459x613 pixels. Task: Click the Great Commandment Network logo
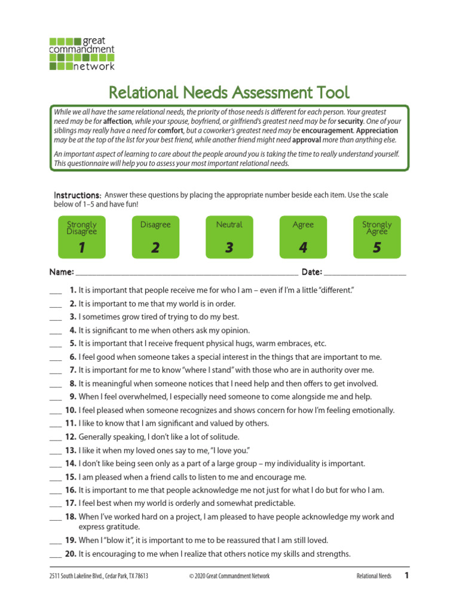[81, 53]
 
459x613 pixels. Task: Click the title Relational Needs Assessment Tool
[229, 93]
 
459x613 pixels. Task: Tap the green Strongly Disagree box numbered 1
[81, 236]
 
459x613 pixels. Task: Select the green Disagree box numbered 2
[155, 236]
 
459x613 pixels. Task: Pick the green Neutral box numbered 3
[229, 236]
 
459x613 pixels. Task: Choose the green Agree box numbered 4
[303, 236]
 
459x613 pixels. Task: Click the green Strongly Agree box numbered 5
[377, 236]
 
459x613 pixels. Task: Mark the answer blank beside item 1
[56, 292]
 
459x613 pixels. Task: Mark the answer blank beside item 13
[55, 451]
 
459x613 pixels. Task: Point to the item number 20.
[71, 554]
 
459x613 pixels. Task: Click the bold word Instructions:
[78, 196]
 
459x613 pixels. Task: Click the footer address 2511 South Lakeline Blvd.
[99, 576]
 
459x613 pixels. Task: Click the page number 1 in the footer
[406, 576]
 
